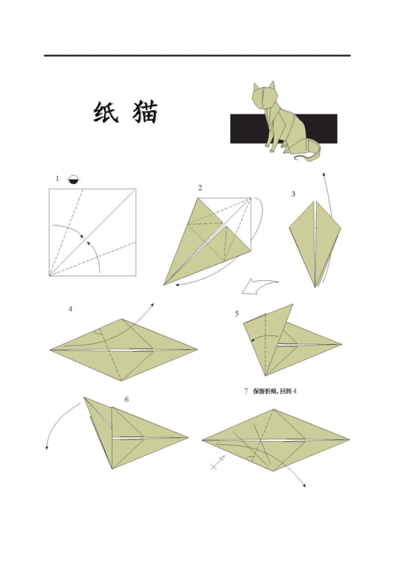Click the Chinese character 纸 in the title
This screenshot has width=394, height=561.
pos(106,113)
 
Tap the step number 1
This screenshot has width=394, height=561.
pos(57,179)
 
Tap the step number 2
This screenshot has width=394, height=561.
pos(200,188)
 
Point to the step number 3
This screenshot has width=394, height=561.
pos(292,193)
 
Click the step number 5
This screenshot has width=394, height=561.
pos(237,313)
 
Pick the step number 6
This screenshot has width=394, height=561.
pos(126,399)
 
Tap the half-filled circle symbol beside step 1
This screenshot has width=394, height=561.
pos(73,179)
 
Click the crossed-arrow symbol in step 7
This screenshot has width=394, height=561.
pos(217,465)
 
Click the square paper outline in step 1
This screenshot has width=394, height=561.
pos(92,232)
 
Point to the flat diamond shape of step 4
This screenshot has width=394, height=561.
pos(122,347)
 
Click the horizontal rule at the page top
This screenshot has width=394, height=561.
pos(197,55)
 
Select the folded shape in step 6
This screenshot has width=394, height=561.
pos(138,438)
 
